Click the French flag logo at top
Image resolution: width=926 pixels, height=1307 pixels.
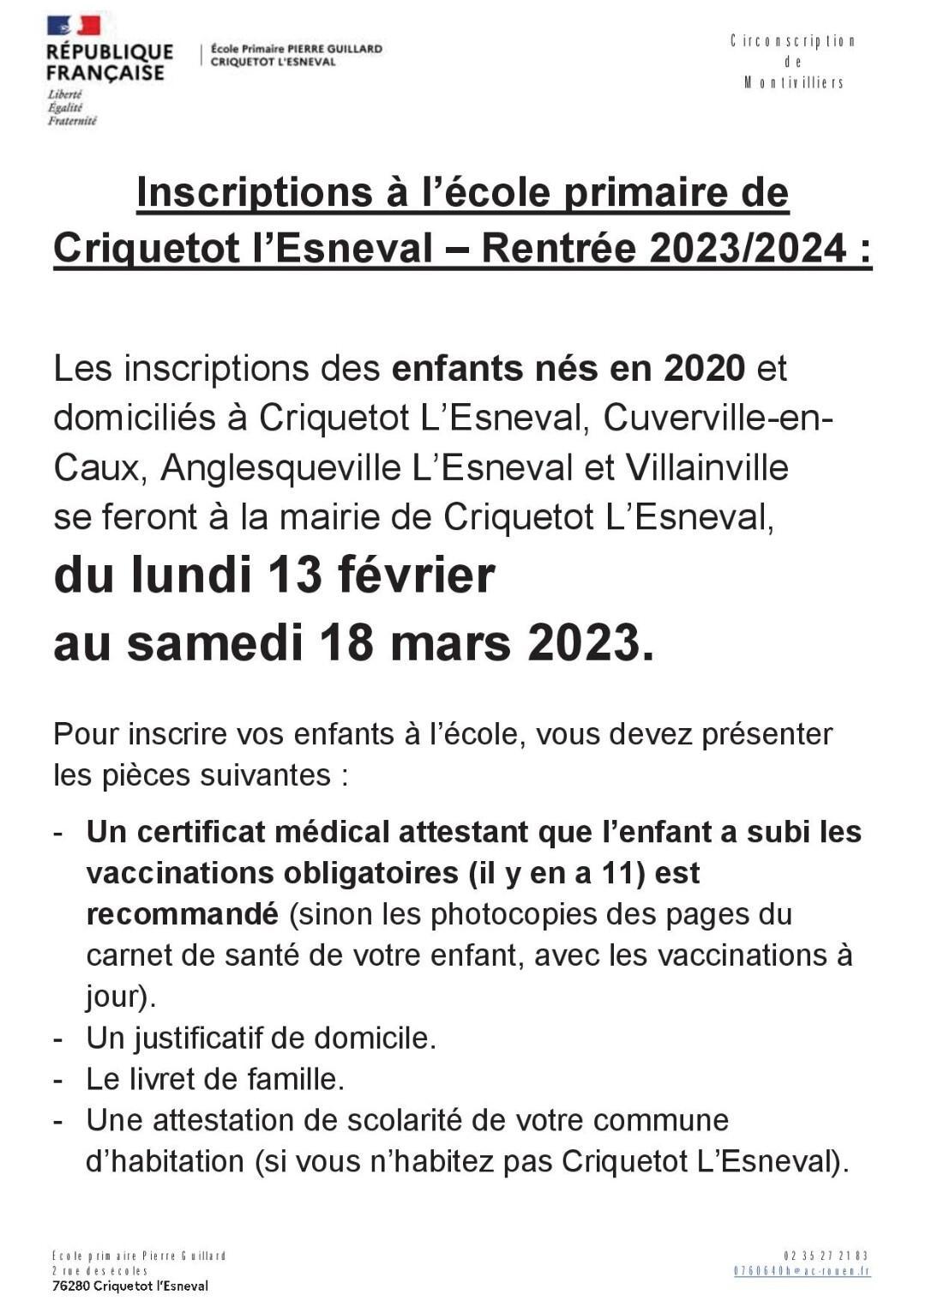tap(74, 25)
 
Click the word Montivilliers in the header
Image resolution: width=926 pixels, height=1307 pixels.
tap(793, 83)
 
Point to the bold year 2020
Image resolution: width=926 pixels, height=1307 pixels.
tap(704, 368)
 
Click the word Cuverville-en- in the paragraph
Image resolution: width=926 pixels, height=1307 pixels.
tap(719, 418)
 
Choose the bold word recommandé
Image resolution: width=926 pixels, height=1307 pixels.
tap(182, 914)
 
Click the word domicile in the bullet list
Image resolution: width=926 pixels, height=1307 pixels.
tap(374, 1038)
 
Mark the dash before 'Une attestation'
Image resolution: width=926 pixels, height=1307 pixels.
tap(58, 1120)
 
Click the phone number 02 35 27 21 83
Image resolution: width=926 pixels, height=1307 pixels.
tap(826, 1256)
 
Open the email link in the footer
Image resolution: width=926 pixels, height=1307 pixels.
tap(802, 1271)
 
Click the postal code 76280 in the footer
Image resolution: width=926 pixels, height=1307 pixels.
tap(70, 1286)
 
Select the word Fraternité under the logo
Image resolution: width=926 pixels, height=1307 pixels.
tap(72, 121)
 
